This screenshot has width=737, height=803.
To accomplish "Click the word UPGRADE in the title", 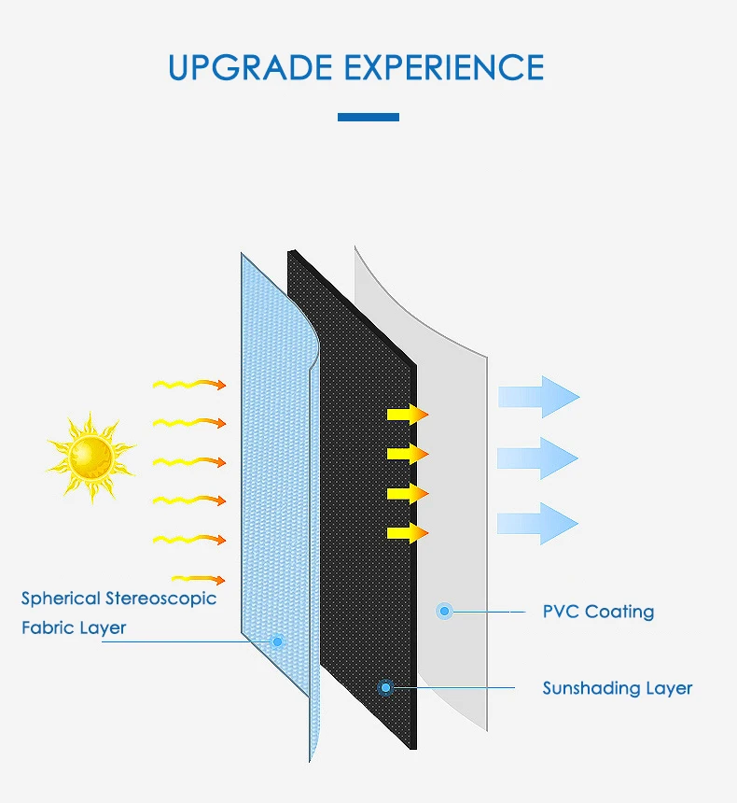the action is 251,67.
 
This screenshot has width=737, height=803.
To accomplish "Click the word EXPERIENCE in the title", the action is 444,67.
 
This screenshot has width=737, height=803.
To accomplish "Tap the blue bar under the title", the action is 368,118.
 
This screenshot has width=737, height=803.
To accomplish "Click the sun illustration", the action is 91,457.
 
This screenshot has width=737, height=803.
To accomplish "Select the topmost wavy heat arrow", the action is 189,384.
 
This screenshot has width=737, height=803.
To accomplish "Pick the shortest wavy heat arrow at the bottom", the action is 199,579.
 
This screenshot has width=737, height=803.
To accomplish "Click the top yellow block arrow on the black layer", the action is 408,415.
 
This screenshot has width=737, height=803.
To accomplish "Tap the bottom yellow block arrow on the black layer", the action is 408,533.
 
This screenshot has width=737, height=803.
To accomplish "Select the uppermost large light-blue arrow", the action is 539,397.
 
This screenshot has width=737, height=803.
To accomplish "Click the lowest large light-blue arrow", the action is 538,524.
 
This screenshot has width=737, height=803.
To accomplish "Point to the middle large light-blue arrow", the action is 538,458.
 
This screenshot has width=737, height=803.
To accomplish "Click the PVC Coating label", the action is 598,612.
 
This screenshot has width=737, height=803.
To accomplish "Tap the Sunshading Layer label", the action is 618,688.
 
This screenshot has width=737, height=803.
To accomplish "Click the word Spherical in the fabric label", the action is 61,599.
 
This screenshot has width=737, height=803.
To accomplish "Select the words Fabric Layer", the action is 74,627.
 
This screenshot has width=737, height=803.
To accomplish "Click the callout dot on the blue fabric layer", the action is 277,641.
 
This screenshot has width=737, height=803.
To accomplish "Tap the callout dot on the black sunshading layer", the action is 386,688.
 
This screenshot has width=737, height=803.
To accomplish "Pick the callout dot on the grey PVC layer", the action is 444,611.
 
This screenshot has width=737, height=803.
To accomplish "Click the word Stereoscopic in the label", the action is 160,599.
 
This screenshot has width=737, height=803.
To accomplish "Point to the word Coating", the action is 619,612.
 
